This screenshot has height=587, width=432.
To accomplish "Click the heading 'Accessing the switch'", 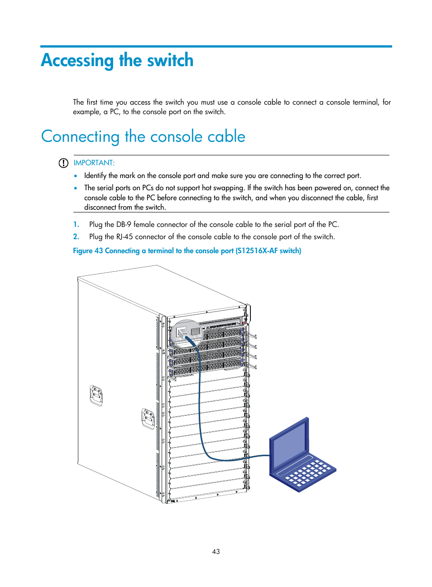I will tap(117, 61).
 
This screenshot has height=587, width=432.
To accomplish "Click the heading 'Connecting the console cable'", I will tap(143, 137).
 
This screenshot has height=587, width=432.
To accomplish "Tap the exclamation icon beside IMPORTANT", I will tap(63, 163).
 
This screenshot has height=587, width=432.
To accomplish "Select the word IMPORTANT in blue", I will tap(94, 163).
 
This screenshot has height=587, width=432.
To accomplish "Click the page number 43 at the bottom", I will tap(216, 552).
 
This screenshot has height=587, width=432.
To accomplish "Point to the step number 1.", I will tap(76, 225).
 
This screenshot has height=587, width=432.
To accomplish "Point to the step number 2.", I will tap(76, 237).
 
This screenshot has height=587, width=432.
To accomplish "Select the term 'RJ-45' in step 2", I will tap(125, 237).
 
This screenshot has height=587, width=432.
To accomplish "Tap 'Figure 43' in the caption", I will tap(88, 251).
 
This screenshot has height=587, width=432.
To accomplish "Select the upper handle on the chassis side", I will tap(96, 395).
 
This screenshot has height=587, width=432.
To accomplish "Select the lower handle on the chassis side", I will tap(148, 419).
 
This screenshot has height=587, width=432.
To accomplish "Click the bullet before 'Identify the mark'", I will tap(76, 176).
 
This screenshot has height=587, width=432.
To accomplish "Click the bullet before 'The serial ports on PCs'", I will tap(76, 188).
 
